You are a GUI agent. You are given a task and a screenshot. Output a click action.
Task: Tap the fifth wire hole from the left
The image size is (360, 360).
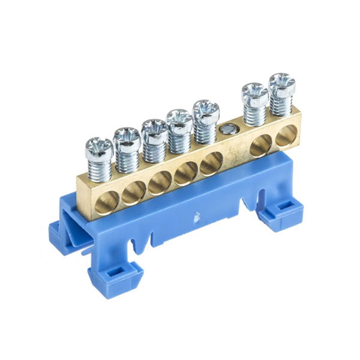(x=211, y=163)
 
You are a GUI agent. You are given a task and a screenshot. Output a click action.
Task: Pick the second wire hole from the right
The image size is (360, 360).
(x=259, y=146)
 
